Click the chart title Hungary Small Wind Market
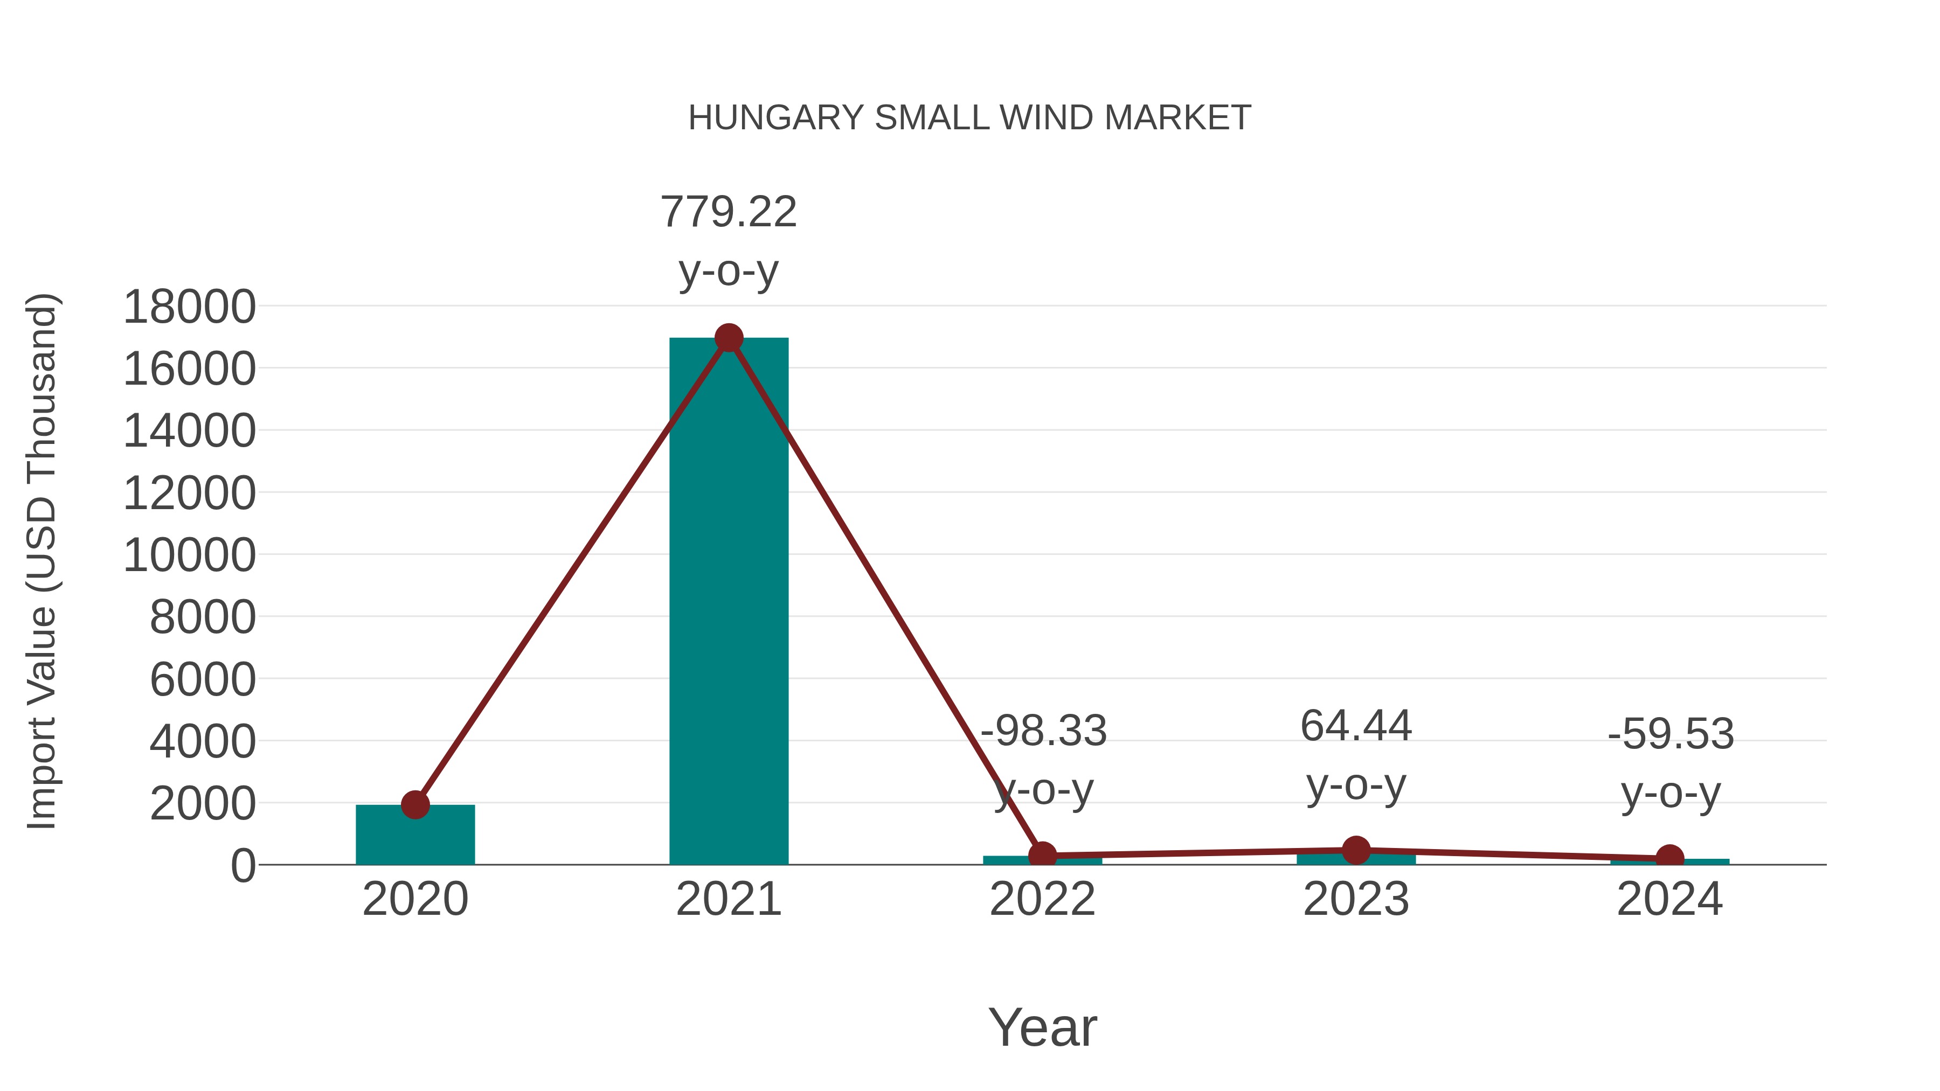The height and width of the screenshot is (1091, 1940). (969, 118)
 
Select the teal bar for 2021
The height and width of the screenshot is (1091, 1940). (728, 602)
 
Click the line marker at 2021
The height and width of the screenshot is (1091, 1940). (728, 338)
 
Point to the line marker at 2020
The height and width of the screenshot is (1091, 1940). (415, 804)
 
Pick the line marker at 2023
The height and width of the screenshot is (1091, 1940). (1356, 850)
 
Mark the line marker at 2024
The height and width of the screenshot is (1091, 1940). (1669, 858)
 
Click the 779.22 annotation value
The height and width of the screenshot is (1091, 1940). (728, 212)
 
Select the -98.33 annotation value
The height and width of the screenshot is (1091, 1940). (1043, 731)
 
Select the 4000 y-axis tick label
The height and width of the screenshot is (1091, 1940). (203, 742)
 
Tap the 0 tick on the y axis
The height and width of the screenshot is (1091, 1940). (243, 866)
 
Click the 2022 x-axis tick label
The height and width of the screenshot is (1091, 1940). (1042, 899)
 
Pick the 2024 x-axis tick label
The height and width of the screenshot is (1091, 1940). (1669, 899)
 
